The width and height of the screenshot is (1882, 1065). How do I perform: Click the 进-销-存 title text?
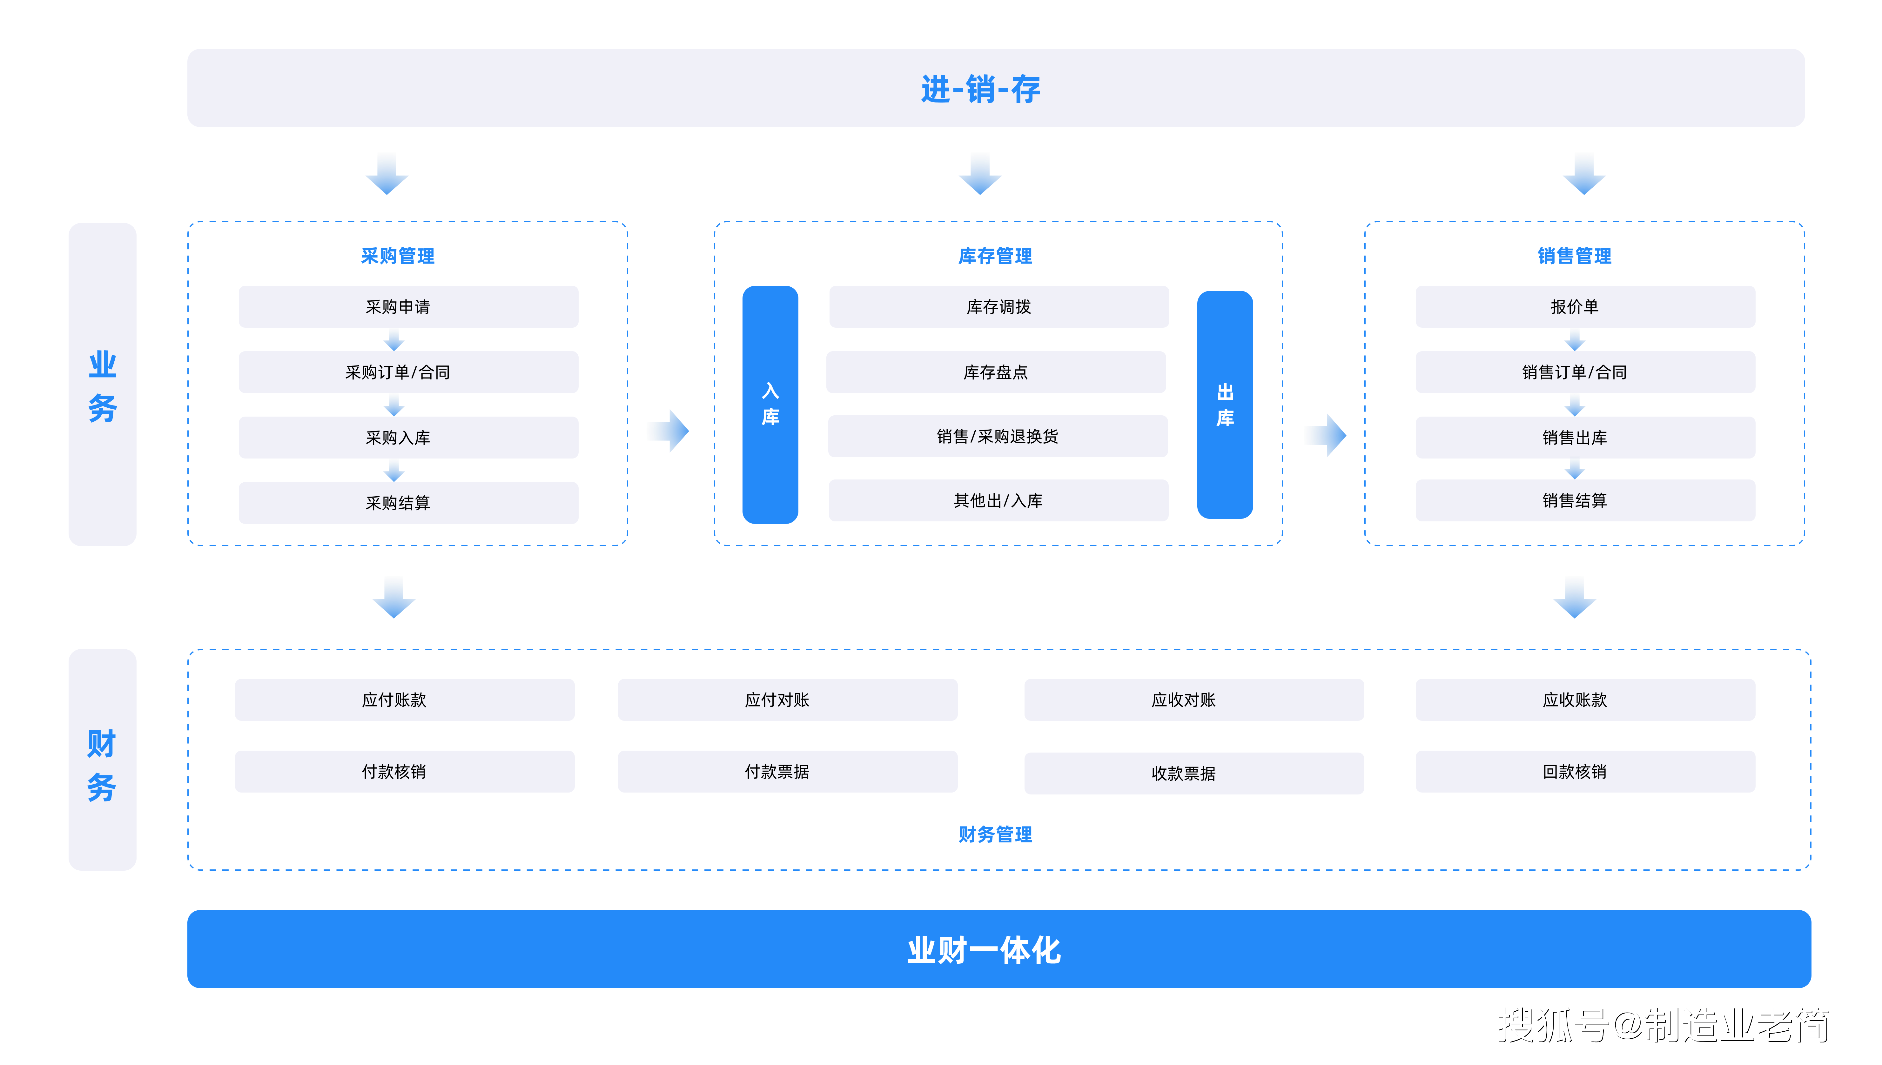pos(980,89)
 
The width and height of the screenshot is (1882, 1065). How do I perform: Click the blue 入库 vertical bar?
pos(770,405)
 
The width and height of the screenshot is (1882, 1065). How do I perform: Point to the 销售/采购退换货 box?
pos(998,437)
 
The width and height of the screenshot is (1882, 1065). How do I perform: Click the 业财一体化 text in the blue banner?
pos(984,950)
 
